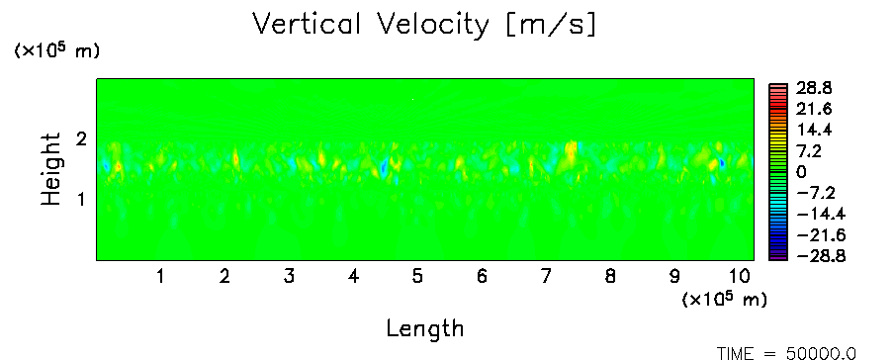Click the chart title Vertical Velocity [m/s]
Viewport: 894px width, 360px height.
pyautogui.click(x=424, y=25)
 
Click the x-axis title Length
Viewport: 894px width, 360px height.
pyautogui.click(x=425, y=328)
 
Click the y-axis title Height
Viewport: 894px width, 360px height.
pyautogui.click(x=51, y=169)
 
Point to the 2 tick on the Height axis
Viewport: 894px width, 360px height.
pyautogui.click(x=81, y=139)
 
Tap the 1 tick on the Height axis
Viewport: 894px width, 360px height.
pyautogui.click(x=81, y=200)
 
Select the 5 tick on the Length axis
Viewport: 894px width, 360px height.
pyautogui.click(x=418, y=276)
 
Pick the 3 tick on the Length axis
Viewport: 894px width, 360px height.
pyautogui.click(x=289, y=276)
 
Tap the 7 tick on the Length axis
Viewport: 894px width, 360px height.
pyautogui.click(x=546, y=276)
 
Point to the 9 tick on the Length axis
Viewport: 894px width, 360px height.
pyautogui.click(x=674, y=276)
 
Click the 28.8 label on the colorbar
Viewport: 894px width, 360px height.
pyautogui.click(x=813, y=88)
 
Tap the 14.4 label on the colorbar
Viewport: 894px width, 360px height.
pyautogui.click(x=813, y=131)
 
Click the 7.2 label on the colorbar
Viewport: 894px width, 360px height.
pyautogui.click(x=808, y=151)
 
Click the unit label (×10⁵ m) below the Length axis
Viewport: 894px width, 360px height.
pyautogui.click(x=725, y=299)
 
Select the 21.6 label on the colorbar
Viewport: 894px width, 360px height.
pyautogui.click(x=813, y=109)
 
